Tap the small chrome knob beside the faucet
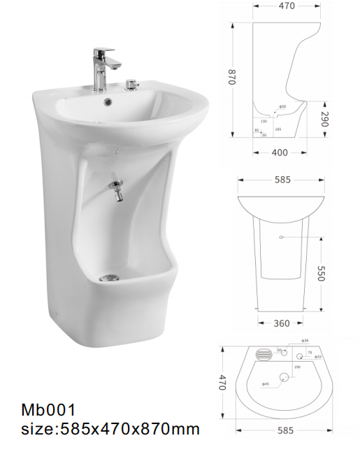point(129,87)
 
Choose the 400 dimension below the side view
point(280,152)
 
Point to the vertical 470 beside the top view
point(224,383)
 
